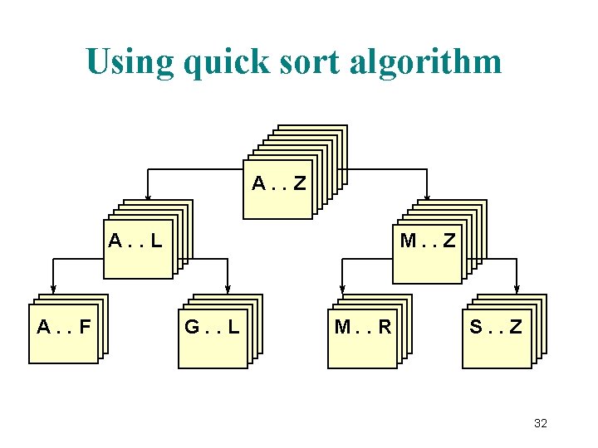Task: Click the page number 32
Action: pyautogui.click(x=541, y=423)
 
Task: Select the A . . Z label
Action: pyautogui.click(x=279, y=182)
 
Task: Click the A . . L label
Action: pyautogui.click(x=135, y=242)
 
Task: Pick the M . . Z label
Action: pyautogui.click(x=427, y=241)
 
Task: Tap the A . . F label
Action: pyautogui.click(x=64, y=326)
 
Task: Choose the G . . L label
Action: pyautogui.click(x=212, y=326)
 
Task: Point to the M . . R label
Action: pyautogui.click(x=363, y=326)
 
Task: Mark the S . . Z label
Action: pyautogui.click(x=496, y=326)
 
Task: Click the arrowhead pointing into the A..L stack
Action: pyautogui.click(x=148, y=197)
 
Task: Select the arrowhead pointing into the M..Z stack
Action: pyautogui.click(x=426, y=197)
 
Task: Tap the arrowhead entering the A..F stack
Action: pyautogui.click(x=52, y=292)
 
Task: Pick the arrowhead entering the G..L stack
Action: pyautogui.click(x=226, y=292)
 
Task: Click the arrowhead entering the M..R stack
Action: pyautogui.click(x=339, y=293)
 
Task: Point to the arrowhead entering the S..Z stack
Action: pyautogui.click(x=517, y=291)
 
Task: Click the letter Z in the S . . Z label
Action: pyautogui.click(x=516, y=326)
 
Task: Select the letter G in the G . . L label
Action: pyautogui.click(x=192, y=326)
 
